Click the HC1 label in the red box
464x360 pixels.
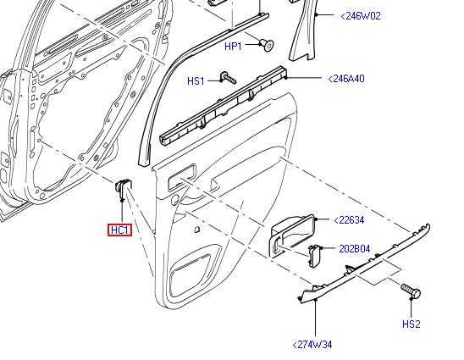[119, 230]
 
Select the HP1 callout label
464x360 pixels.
[233, 47]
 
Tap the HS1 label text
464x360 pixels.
[196, 80]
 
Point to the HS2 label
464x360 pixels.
[412, 324]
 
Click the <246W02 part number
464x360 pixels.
[361, 16]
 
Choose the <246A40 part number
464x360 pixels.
[346, 79]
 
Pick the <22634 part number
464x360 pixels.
[349, 220]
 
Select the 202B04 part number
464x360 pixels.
[354, 249]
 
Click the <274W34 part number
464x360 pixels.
[312, 345]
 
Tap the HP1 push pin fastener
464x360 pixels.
[268, 45]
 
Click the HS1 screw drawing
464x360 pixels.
[228, 78]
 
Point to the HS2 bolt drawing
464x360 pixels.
[411, 291]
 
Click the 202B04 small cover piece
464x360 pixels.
[314, 255]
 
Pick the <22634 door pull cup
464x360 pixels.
[291, 235]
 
